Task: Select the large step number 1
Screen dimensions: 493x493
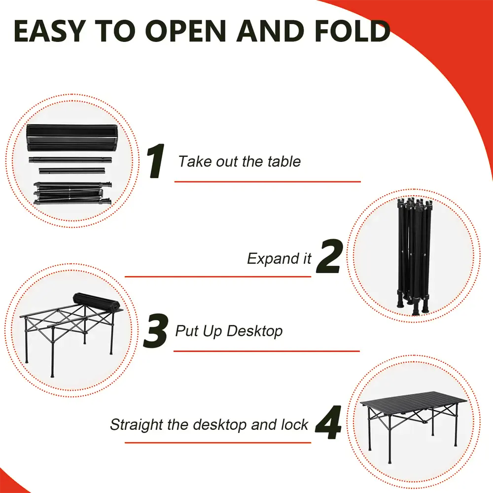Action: pyautogui.click(x=156, y=161)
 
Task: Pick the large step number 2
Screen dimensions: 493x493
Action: pyautogui.click(x=329, y=256)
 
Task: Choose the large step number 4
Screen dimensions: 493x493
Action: pyautogui.click(x=328, y=423)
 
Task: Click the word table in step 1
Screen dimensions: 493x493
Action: pyautogui.click(x=284, y=161)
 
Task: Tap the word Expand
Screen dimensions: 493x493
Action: pyautogui.click(x=274, y=259)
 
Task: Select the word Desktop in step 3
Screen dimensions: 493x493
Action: pyautogui.click(x=254, y=331)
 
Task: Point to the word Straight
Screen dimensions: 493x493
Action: pyautogui.click(x=137, y=425)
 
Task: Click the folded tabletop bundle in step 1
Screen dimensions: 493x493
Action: pyautogui.click(x=72, y=138)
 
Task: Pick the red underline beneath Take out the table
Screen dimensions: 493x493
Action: pyautogui.click(x=268, y=182)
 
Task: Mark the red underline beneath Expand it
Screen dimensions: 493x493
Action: pyautogui.click(x=218, y=277)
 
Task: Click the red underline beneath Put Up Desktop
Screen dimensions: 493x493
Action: pyautogui.click(x=267, y=351)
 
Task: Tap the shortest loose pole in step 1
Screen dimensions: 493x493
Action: pyautogui.click(x=72, y=171)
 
